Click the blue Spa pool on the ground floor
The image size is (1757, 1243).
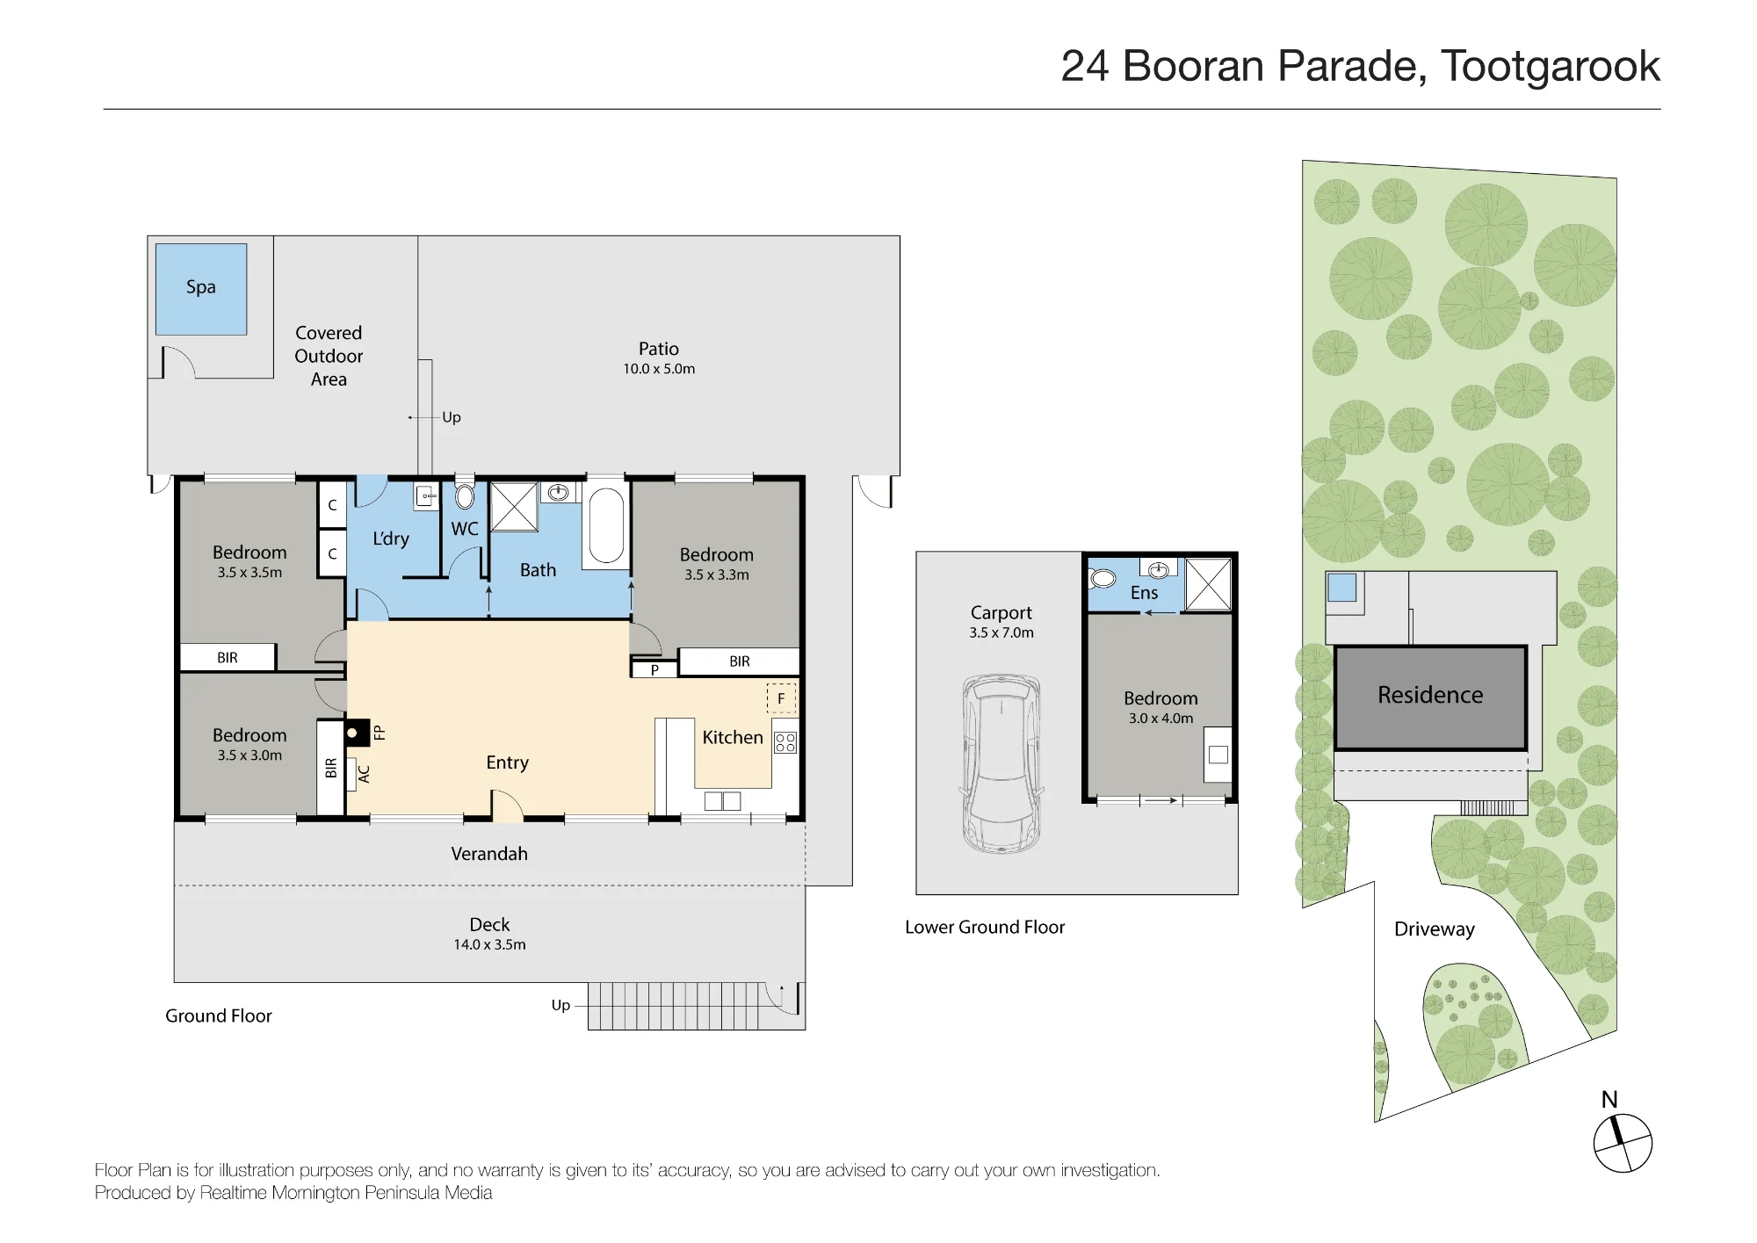point(201,289)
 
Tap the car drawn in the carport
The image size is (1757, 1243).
point(1001,763)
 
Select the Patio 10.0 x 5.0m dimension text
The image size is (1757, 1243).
point(659,369)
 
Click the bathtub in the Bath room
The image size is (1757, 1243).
point(606,524)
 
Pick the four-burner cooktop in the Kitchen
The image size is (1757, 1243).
point(785,742)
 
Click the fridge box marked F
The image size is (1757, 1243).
point(781,698)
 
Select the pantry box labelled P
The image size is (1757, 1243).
point(654,669)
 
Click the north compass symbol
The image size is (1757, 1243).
point(1623,1142)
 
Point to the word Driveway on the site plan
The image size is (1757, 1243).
point(1435,929)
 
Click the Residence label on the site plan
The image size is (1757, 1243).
point(1430,695)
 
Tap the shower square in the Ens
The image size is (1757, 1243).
point(1208,584)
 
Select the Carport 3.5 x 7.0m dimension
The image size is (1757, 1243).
point(1001,632)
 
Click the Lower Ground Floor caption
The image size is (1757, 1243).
point(985,927)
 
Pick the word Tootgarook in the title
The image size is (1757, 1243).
point(1551,66)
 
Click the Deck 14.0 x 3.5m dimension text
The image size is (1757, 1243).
point(489,944)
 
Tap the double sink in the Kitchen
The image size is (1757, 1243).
point(722,800)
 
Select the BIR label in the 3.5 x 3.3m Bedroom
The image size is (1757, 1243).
point(740,661)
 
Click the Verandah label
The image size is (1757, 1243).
point(489,854)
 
